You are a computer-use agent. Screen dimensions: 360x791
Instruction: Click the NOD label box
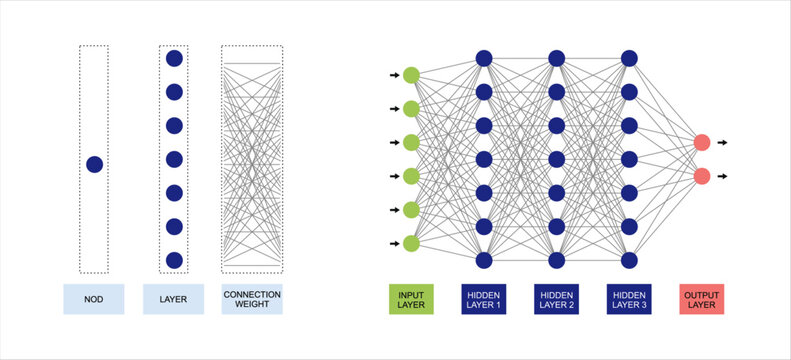point(93,299)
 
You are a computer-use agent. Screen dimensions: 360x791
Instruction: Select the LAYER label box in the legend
point(174,299)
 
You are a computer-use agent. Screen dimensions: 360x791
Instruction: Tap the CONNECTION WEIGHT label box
point(252,299)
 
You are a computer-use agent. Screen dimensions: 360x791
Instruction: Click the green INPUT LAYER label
point(411,299)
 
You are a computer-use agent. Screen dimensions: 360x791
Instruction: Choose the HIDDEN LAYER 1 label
point(484,299)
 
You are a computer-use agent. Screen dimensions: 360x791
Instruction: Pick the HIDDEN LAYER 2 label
point(556,299)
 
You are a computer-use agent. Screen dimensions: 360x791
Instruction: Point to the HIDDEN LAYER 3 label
point(629,299)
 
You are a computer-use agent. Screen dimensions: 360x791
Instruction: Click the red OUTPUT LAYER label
point(702,299)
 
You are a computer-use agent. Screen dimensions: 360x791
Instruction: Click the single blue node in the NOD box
point(94,164)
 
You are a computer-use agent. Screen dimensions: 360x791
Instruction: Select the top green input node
point(411,75)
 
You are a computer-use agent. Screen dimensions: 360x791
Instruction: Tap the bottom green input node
point(411,243)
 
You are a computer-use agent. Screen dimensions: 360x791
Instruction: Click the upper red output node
point(702,143)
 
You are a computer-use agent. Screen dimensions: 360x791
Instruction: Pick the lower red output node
point(702,176)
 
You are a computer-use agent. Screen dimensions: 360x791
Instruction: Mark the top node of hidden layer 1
point(484,58)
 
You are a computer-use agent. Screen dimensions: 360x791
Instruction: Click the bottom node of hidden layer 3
point(629,260)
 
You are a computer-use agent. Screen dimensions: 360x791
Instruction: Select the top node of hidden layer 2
point(556,58)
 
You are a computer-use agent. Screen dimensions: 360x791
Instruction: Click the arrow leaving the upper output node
point(722,143)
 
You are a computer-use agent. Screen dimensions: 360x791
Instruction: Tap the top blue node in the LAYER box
point(174,58)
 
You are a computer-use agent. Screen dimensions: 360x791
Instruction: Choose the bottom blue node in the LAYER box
point(174,260)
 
